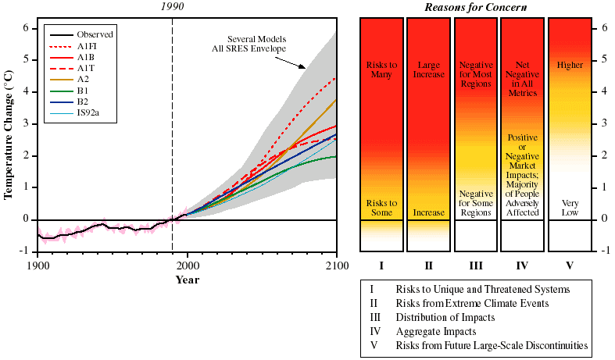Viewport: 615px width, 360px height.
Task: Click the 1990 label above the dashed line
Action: pos(172,7)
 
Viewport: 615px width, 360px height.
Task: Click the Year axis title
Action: pos(187,280)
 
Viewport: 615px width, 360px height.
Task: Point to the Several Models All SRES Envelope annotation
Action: pos(257,44)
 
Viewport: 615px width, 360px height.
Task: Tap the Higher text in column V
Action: pos(570,65)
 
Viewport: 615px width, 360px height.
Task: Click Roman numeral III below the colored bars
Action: pos(476,266)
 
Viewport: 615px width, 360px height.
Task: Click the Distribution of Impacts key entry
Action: pos(445,317)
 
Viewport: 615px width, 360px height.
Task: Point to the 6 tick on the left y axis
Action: pos(26,28)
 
